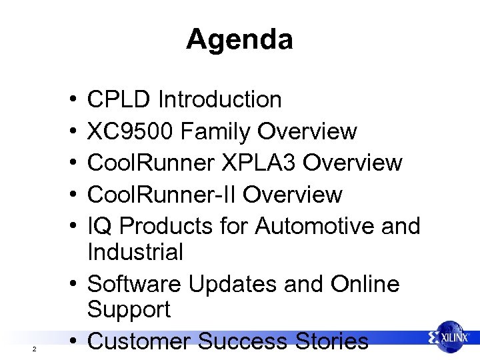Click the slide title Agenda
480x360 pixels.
click(x=239, y=39)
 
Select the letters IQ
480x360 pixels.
click(x=100, y=227)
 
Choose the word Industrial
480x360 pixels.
click(x=135, y=252)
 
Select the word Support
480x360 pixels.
click(x=129, y=310)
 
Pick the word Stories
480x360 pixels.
click(x=333, y=341)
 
